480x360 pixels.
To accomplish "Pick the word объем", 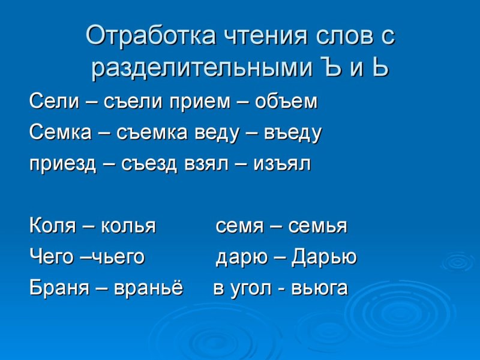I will point(286,102).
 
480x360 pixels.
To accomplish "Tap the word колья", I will point(128,227).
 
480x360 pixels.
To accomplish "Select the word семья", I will point(317,227).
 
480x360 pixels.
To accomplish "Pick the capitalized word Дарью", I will point(324,258).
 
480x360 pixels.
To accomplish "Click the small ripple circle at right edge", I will point(457,262).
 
